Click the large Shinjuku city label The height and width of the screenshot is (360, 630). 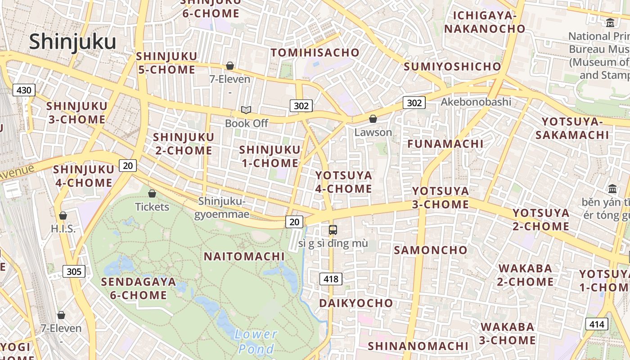(x=72, y=42)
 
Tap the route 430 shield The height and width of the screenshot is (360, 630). (x=23, y=90)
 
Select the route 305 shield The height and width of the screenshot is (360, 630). (x=74, y=271)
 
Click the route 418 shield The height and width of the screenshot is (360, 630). (x=331, y=279)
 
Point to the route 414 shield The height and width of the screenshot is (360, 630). (x=597, y=324)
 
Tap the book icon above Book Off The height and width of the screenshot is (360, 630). (x=246, y=110)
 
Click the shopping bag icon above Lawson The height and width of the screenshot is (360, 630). (x=373, y=119)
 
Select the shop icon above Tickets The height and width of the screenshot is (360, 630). (x=152, y=194)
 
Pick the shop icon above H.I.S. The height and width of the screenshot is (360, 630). (x=63, y=216)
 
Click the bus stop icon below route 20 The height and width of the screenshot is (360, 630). (x=333, y=230)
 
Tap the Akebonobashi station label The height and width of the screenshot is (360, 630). (x=476, y=102)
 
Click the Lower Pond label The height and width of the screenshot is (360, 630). (x=256, y=341)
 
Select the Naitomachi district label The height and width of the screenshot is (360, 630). (x=244, y=256)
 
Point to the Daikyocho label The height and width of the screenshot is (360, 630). (x=356, y=303)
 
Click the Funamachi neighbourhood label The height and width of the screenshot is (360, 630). (x=445, y=144)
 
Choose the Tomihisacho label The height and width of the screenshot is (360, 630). (x=315, y=53)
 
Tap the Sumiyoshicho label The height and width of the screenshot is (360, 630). (x=452, y=67)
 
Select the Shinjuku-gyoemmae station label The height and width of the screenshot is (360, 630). (x=221, y=207)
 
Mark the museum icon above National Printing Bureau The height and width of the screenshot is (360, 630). (x=610, y=22)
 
